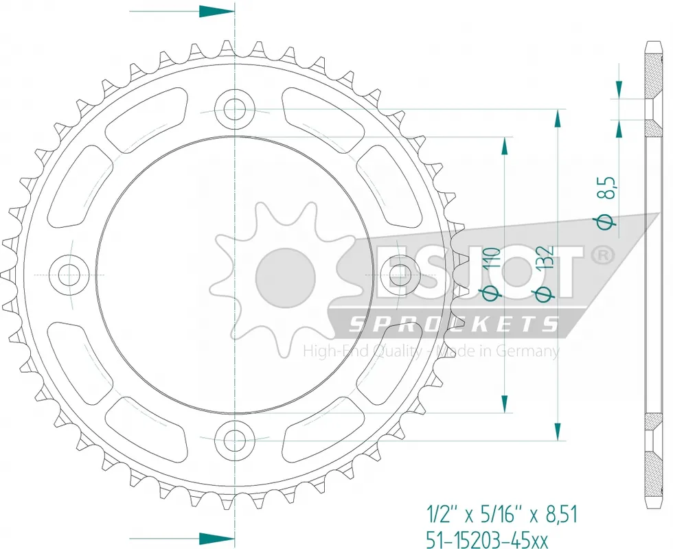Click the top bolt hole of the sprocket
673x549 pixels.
(x=235, y=108)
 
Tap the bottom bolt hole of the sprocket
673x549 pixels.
(x=235, y=436)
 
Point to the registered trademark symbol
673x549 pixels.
(x=602, y=255)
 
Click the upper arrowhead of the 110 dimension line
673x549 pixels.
(x=505, y=145)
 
